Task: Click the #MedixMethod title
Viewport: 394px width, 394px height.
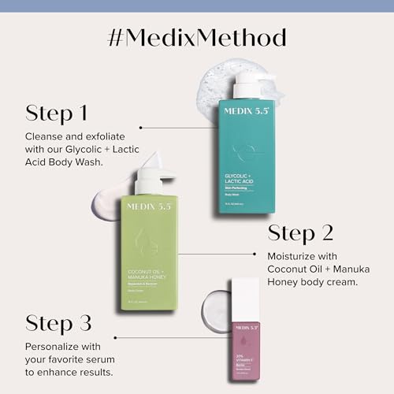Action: pos(197,37)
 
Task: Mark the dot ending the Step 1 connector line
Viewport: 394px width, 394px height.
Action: pos(140,126)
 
